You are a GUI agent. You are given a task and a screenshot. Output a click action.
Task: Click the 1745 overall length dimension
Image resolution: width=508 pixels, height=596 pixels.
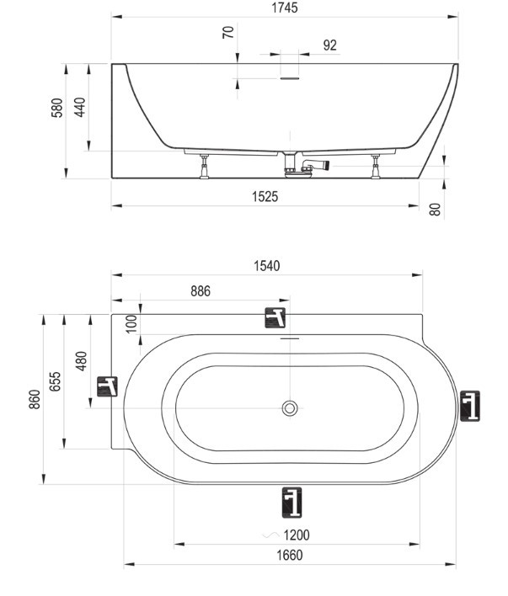tap(285, 8)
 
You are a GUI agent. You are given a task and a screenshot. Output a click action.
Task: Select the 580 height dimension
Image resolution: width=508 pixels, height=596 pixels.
tap(57, 108)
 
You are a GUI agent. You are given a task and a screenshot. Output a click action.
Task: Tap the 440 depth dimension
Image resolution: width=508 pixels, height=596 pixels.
tap(80, 107)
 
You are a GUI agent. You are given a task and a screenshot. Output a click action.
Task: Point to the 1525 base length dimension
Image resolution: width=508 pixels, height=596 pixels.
tap(265, 196)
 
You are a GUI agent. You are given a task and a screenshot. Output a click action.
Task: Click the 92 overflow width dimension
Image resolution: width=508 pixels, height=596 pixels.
tap(330, 45)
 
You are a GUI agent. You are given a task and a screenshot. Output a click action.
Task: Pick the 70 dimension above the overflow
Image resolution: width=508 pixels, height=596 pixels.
tap(228, 32)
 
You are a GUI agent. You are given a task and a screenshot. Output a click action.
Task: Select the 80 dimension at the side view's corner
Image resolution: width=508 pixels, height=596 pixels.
tap(435, 210)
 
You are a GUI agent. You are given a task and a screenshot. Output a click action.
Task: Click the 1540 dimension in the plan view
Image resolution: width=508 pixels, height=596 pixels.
tap(267, 266)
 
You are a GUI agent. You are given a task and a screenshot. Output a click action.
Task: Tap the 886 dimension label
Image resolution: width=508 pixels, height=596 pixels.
tap(201, 291)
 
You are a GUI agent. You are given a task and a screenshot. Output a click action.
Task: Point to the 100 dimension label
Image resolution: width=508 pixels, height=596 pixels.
tap(131, 324)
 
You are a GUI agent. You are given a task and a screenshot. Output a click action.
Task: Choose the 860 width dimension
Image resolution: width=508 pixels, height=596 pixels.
tap(35, 399)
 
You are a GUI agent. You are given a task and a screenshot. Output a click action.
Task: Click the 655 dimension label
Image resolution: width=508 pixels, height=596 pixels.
tap(55, 381)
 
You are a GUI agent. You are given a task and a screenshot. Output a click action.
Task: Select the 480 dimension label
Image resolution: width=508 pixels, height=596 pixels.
tap(81, 361)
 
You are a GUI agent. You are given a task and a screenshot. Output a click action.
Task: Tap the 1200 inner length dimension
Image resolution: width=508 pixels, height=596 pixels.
tap(297, 535)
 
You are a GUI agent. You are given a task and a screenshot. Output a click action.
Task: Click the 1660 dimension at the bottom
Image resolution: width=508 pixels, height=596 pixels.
tap(290, 556)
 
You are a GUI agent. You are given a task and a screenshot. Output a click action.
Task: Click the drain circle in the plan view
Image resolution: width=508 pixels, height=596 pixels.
tap(290, 408)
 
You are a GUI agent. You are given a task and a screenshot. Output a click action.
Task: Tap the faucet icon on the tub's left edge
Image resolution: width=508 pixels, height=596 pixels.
tap(107, 386)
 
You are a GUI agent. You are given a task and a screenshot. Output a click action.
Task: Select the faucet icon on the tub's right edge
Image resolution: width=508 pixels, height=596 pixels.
tap(470, 406)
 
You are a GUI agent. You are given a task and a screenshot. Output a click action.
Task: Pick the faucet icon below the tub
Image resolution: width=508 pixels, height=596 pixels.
tap(291, 503)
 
